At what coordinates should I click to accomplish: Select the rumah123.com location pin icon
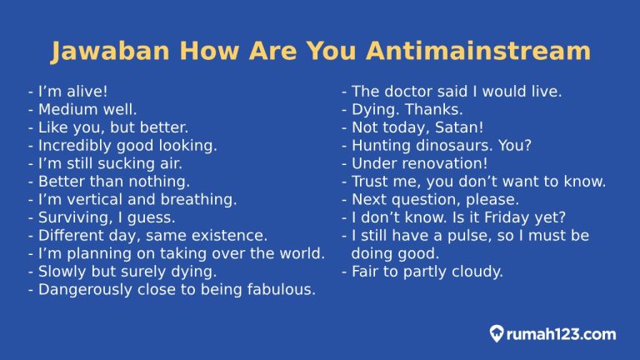[497, 334]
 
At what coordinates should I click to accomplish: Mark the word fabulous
[281, 289]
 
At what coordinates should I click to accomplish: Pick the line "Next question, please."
[435, 199]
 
